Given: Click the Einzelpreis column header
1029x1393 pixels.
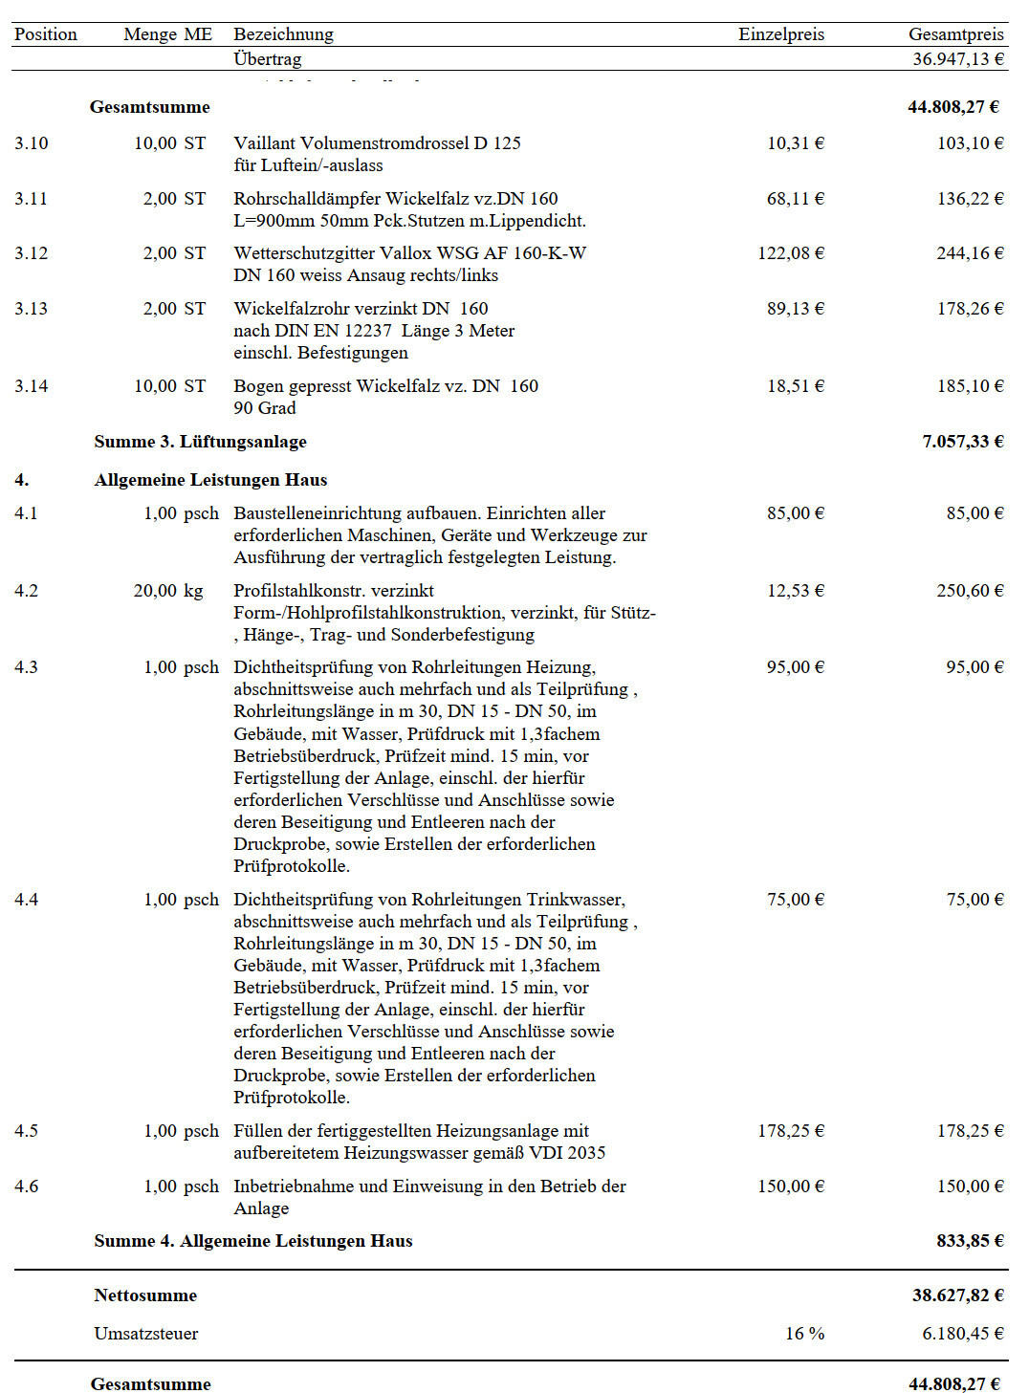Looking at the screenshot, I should click(x=780, y=34).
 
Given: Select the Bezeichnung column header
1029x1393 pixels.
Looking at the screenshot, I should click(x=283, y=34).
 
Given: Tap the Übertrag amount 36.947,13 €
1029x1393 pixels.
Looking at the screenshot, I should click(x=957, y=59).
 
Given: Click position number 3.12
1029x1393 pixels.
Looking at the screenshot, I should click(x=31, y=253).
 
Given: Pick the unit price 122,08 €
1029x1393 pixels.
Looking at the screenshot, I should click(x=790, y=253).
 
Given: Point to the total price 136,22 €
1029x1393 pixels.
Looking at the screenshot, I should click(x=970, y=199).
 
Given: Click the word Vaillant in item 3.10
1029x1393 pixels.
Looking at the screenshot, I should click(x=264, y=143).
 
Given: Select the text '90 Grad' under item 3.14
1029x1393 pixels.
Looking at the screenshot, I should click(x=265, y=408).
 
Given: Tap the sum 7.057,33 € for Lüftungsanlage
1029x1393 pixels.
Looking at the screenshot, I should click(x=962, y=442).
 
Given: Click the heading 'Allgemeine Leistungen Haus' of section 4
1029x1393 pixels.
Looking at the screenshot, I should click(x=210, y=480).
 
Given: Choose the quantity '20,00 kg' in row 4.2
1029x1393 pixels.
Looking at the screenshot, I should click(x=168, y=591).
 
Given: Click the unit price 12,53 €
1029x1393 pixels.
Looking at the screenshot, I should click(x=795, y=591).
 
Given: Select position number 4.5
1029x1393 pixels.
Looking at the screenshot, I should click(x=27, y=1131).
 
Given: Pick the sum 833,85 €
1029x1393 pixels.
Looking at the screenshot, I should click(x=970, y=1241).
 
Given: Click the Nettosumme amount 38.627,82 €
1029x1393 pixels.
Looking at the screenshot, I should click(x=957, y=1295).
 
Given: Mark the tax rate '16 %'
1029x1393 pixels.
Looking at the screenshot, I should click(x=804, y=1334).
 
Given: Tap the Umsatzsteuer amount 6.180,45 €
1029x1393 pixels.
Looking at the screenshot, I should click(x=962, y=1334).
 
